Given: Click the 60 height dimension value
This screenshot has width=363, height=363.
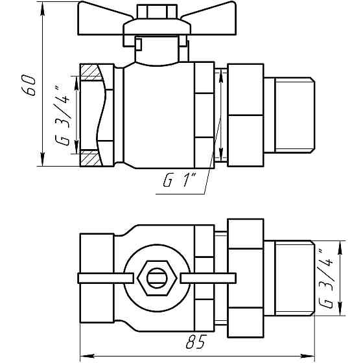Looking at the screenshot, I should [x=29, y=86].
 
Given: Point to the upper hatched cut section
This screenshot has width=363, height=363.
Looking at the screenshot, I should [x=91, y=71].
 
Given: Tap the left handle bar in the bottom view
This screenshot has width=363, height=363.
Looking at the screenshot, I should [x=104, y=279].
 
